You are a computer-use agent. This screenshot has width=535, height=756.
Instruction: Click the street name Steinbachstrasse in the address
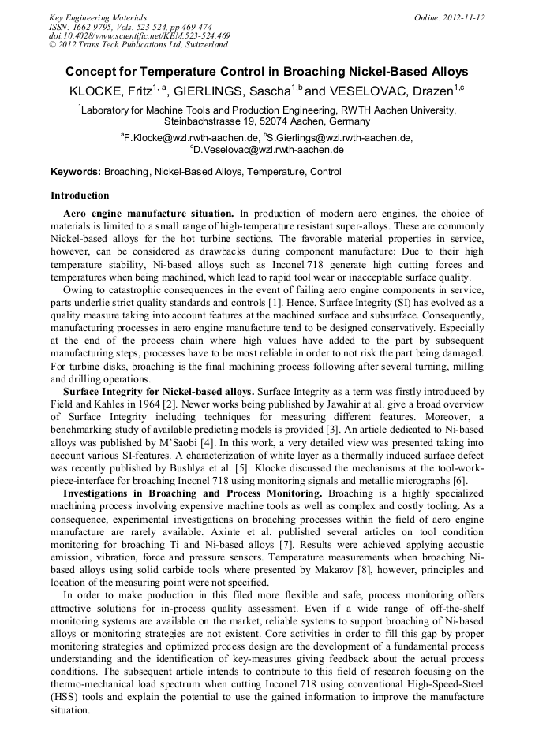[202, 122]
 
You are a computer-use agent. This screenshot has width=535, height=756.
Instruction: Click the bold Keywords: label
[76, 172]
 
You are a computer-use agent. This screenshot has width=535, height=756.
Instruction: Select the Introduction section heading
[80, 195]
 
